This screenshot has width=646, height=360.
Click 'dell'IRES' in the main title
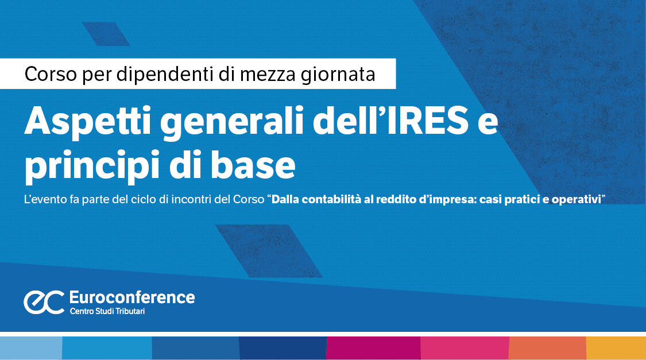click(x=390, y=120)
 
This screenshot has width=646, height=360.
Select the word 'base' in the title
click(x=253, y=165)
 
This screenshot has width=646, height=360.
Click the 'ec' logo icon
click(x=44, y=303)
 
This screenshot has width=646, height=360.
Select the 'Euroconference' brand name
click(x=132, y=297)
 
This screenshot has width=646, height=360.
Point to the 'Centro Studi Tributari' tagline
click(x=107, y=311)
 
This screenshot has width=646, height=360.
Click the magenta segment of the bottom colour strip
click(x=373, y=348)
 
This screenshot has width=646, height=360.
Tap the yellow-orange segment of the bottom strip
click(x=616, y=348)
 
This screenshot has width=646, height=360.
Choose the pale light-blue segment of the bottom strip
click(x=31, y=348)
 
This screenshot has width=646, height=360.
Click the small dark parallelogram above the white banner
click(x=106, y=34)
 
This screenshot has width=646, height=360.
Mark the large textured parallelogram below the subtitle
click(x=269, y=251)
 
